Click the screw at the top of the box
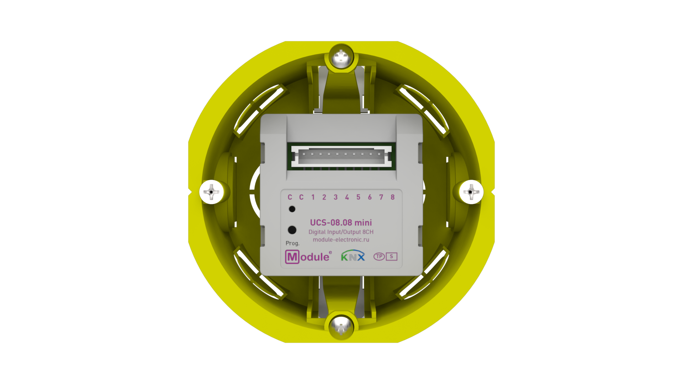pyautogui.click(x=341, y=57)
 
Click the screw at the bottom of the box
pyautogui.click(x=341, y=326)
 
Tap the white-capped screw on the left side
pyautogui.click(x=212, y=192)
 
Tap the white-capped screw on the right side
pyautogui.click(x=471, y=192)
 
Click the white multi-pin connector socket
pyautogui.click(x=341, y=156)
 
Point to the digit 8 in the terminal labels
pyautogui.click(x=392, y=197)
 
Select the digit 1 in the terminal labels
pyautogui.click(x=313, y=197)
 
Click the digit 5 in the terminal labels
pyautogui.click(x=358, y=197)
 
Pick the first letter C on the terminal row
pyautogui.click(x=290, y=197)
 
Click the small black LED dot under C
pyautogui.click(x=292, y=209)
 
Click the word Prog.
pyautogui.click(x=292, y=243)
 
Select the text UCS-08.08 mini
pyautogui.click(x=341, y=223)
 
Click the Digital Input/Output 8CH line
pyautogui.click(x=341, y=232)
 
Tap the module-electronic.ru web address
pyautogui.click(x=341, y=240)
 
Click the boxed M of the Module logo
pyautogui.click(x=292, y=257)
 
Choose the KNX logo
pyautogui.click(x=353, y=256)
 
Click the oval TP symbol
pyautogui.click(x=379, y=256)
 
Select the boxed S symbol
pyautogui.click(x=391, y=256)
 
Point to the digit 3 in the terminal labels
pyautogui.click(x=335, y=197)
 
